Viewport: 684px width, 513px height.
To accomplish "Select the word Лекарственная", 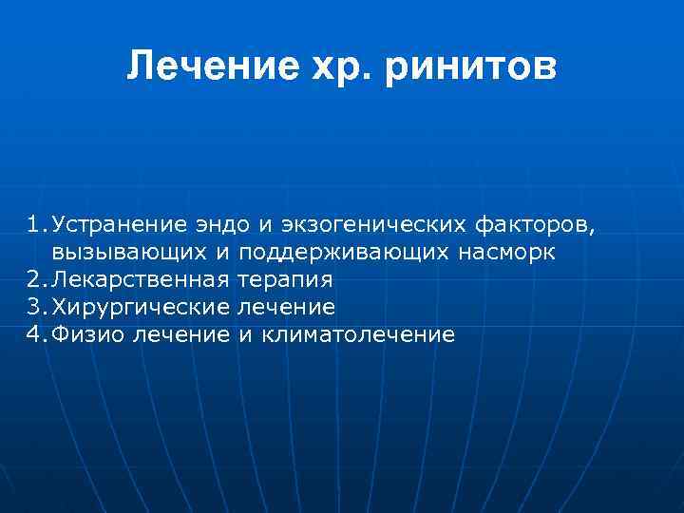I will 141,280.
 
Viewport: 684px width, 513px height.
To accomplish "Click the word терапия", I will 286,280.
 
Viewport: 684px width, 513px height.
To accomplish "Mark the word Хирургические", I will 141,307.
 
